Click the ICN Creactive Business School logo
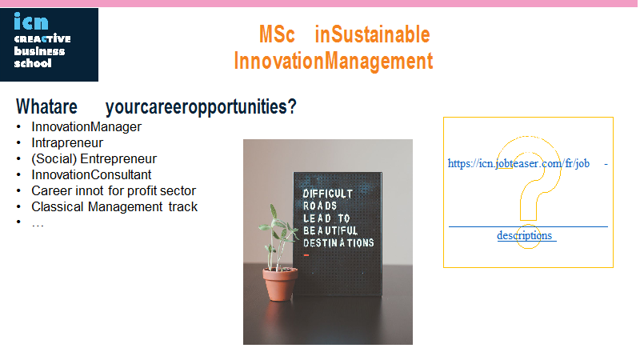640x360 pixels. [x=49, y=45]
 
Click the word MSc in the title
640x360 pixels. [x=277, y=34]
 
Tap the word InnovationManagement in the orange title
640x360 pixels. [x=333, y=62]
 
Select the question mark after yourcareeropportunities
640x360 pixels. [x=292, y=107]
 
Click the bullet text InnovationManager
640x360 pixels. [x=86, y=127]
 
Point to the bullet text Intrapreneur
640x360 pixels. [x=67, y=143]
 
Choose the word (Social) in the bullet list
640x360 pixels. [x=54, y=158]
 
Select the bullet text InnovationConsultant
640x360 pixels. [x=91, y=174]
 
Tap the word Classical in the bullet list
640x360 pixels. [x=58, y=207]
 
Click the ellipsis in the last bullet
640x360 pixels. [x=38, y=224]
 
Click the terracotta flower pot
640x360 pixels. [x=280, y=285]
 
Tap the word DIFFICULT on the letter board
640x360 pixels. [x=328, y=194]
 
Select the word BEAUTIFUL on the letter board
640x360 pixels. [x=330, y=230]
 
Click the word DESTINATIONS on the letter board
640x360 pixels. [x=338, y=243]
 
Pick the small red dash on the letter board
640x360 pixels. [x=306, y=255]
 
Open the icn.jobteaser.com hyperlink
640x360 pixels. [x=518, y=164]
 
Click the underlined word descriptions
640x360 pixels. [x=525, y=235]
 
